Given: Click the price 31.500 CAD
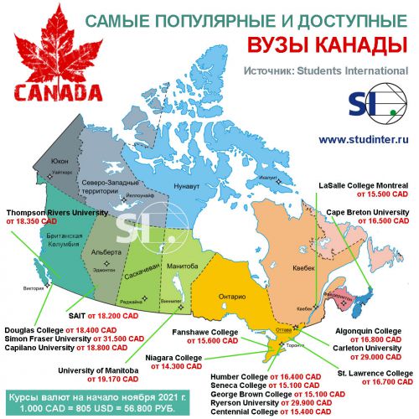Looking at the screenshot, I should tap(102, 338).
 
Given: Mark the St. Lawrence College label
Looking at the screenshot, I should tap(373, 373).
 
